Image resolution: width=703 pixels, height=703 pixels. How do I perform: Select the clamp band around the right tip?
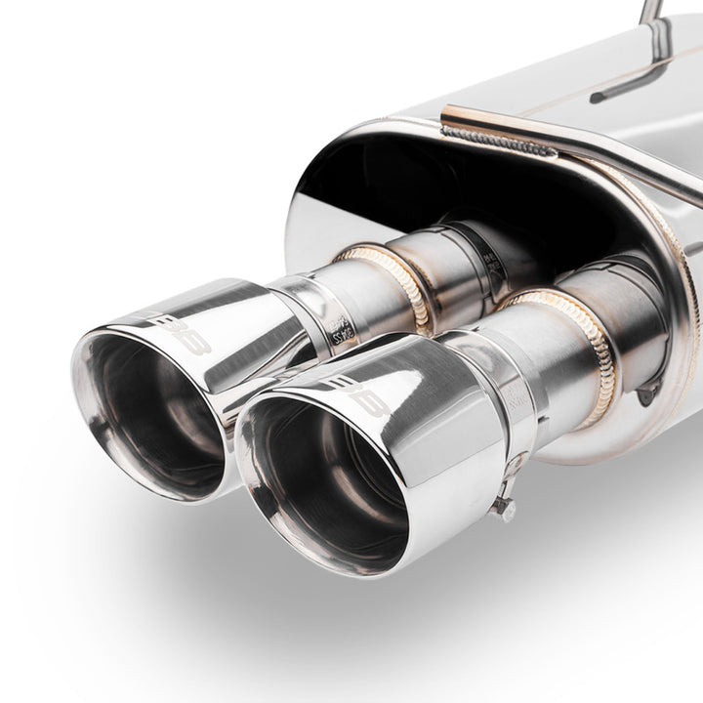click(x=513, y=410)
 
